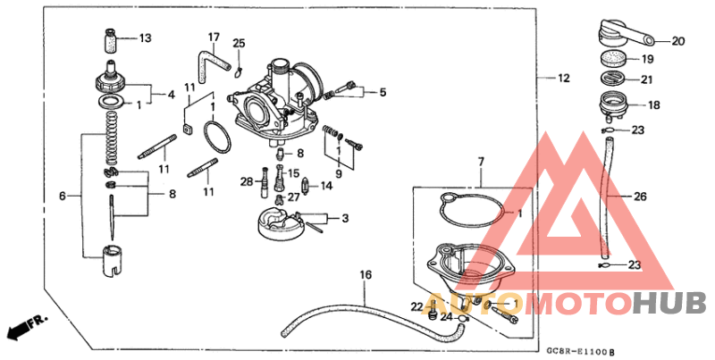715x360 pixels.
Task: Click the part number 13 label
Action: [x=145, y=38]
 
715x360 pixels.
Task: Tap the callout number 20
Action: [x=677, y=40]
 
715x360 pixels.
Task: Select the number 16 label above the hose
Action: [x=365, y=274]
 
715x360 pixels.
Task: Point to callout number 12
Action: [x=562, y=79]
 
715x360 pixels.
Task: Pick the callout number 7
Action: [x=480, y=162]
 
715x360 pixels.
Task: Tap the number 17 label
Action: [x=214, y=38]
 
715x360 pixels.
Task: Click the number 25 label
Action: [x=238, y=44]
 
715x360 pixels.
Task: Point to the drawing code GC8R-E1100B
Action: [x=580, y=352]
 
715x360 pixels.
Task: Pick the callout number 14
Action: [x=326, y=186]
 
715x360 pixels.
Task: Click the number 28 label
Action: [x=247, y=182]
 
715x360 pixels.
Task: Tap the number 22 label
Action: [x=416, y=306]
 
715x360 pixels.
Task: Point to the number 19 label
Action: [x=647, y=60]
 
